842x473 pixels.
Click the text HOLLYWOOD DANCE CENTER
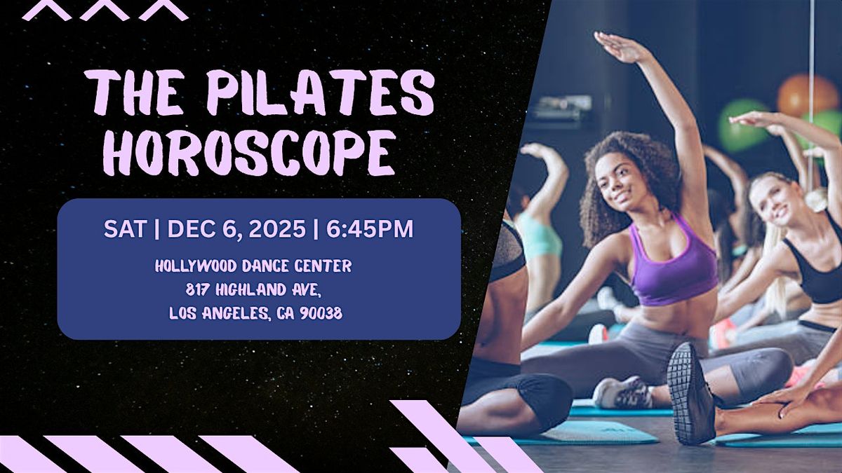[253, 266]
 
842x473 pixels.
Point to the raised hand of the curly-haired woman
[617, 48]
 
